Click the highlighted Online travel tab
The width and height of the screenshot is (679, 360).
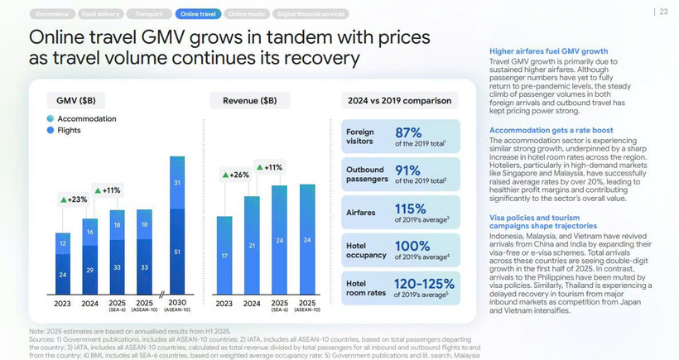(x=198, y=14)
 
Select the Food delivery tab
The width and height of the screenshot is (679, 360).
(x=100, y=14)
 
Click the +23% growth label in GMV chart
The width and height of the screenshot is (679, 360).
(x=74, y=199)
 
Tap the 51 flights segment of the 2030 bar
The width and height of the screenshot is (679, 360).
(x=177, y=252)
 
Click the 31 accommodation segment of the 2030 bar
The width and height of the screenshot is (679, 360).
(x=177, y=182)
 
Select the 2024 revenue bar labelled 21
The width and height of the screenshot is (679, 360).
(x=252, y=245)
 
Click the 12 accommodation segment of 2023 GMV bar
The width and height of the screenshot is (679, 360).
(x=63, y=243)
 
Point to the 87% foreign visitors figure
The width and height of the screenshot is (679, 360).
(x=408, y=132)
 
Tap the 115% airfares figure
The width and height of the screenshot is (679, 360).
(x=410, y=209)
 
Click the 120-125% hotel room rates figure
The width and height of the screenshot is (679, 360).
(x=425, y=284)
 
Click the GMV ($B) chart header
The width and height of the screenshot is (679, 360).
(x=76, y=100)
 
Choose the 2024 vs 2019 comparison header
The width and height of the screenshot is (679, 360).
(x=399, y=100)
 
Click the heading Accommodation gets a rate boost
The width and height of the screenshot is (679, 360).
(x=551, y=130)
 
